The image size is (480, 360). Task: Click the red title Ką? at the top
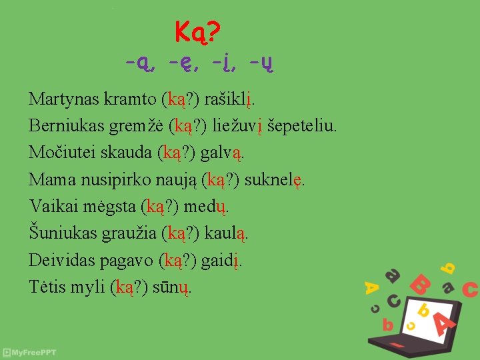[x=198, y=31]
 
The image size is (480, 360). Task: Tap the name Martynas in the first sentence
[x=64, y=99]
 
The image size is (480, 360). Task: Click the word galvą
[x=222, y=153]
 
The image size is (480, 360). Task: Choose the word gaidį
[x=221, y=260]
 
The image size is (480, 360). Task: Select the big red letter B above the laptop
[x=420, y=285]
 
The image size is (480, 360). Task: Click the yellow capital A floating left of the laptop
[x=371, y=287]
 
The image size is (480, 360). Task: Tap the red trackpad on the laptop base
[x=397, y=345]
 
